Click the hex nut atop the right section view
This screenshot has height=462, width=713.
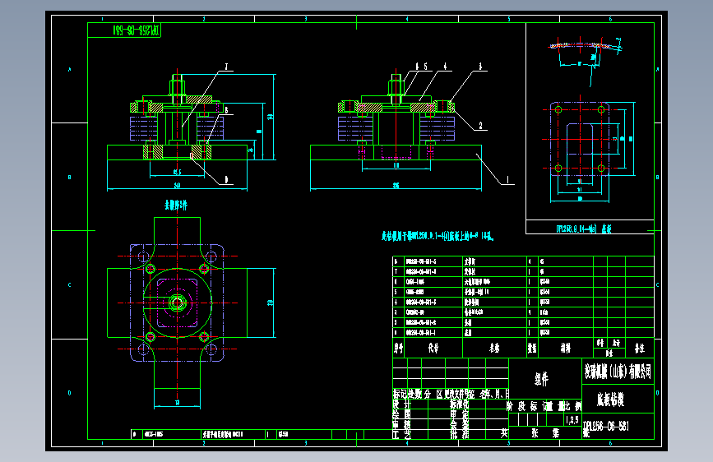[396, 85]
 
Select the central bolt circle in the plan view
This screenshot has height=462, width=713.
[178, 303]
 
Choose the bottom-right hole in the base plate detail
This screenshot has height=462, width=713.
[604, 169]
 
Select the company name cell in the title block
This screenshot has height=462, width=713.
[618, 372]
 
